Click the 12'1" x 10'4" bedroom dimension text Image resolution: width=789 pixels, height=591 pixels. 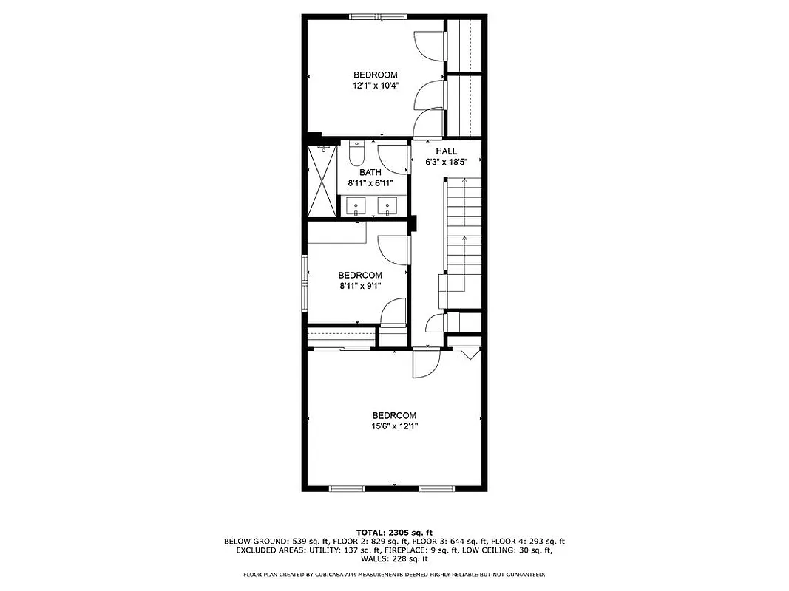375,86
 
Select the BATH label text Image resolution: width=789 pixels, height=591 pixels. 370,173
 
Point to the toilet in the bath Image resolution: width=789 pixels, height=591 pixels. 356,154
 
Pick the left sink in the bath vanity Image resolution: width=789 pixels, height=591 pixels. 356,205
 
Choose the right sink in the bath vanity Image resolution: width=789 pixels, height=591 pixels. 386,205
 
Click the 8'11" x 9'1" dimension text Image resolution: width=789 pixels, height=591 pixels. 361,285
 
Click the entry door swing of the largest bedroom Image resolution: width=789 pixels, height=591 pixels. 424,363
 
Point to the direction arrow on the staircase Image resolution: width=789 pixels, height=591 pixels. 464,239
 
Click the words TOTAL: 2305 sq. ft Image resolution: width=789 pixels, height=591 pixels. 394,532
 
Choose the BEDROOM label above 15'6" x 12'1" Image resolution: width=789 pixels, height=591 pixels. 393,416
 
